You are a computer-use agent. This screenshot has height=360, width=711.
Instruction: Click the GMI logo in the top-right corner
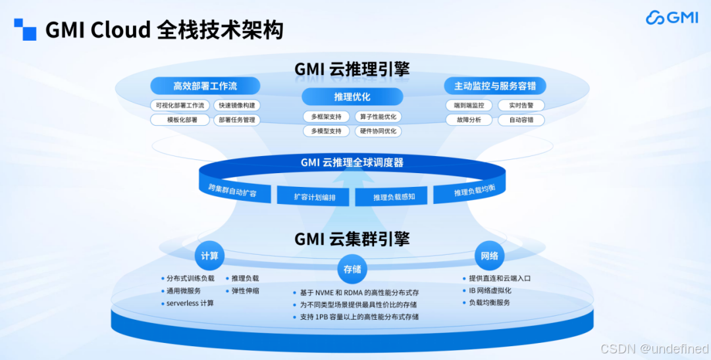click(671, 18)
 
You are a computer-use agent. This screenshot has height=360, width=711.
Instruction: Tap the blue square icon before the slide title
click(25, 30)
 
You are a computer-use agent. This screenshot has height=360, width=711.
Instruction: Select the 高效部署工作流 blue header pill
click(205, 86)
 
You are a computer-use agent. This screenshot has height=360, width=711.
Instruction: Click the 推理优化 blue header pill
click(352, 97)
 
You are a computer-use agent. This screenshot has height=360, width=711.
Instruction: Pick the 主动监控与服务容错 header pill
click(494, 86)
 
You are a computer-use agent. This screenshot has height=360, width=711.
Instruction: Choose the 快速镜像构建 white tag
click(237, 105)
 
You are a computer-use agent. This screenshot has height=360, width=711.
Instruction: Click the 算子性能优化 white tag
click(377, 116)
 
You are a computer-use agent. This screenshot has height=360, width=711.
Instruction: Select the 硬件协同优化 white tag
click(377, 131)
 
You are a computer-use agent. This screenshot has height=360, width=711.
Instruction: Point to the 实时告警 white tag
click(521, 105)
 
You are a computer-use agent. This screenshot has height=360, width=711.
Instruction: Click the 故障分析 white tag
click(468, 120)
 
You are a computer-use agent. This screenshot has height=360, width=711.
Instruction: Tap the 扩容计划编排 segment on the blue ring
click(315, 197)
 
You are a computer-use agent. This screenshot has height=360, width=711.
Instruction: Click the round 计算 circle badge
click(209, 255)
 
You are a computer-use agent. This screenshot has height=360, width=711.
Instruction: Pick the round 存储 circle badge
click(352, 269)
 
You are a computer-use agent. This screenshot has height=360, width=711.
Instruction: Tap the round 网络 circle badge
click(489, 255)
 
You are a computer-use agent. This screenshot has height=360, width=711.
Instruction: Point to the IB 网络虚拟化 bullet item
click(490, 290)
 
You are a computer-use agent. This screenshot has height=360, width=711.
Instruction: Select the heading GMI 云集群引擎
click(352, 238)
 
